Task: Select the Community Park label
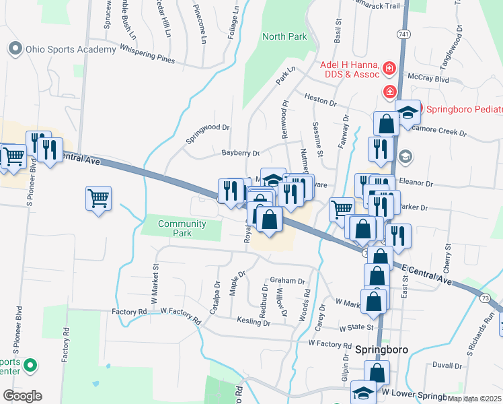click(182, 228)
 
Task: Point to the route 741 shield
click(402, 34)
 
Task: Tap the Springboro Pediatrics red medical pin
click(389, 91)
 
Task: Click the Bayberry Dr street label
click(241, 153)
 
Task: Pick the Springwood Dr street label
click(208, 133)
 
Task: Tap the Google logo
click(22, 396)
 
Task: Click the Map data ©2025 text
click(474, 399)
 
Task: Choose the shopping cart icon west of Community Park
click(98, 199)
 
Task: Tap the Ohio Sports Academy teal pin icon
click(14, 48)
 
